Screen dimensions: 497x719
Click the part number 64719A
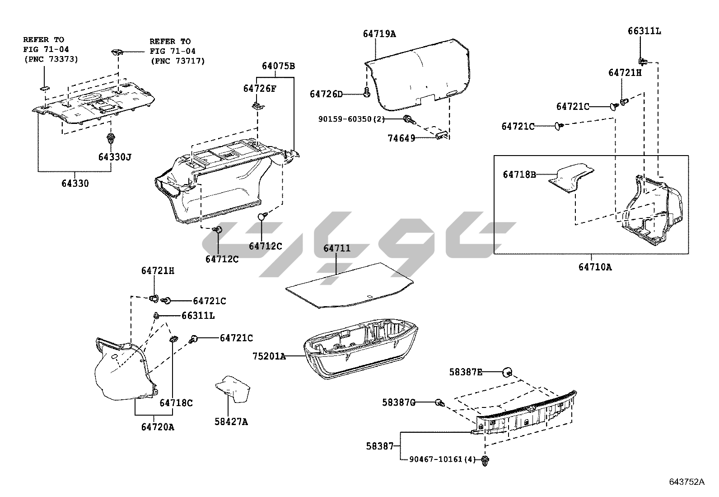point(379,33)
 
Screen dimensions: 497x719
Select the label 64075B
point(278,66)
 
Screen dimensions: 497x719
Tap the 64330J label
point(115,157)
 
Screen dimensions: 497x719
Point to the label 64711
point(336,248)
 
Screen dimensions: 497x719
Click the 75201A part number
point(269,356)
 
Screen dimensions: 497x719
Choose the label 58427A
point(231,421)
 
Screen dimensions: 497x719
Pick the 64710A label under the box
point(595,267)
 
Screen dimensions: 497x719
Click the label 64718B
point(519,174)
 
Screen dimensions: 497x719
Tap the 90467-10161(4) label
point(443,459)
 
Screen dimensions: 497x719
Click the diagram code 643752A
point(686,481)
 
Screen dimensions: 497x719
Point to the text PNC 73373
point(51,59)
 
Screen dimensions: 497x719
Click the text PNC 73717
point(177,61)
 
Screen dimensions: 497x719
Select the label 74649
point(401,138)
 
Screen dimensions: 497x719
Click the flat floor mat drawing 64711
point(348,285)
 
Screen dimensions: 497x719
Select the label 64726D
point(326,94)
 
